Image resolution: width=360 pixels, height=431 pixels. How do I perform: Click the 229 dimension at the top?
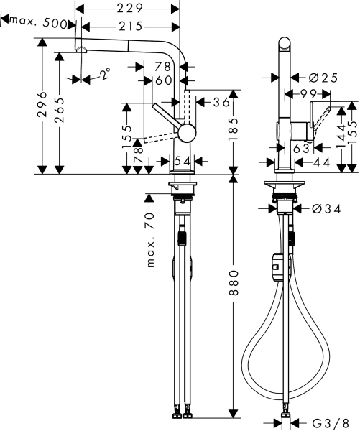(129, 8)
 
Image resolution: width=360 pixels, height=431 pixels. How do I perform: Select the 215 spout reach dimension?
(129, 27)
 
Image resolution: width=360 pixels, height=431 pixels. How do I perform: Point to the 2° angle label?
(105, 75)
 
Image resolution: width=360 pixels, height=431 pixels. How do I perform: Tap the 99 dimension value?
(309, 93)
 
